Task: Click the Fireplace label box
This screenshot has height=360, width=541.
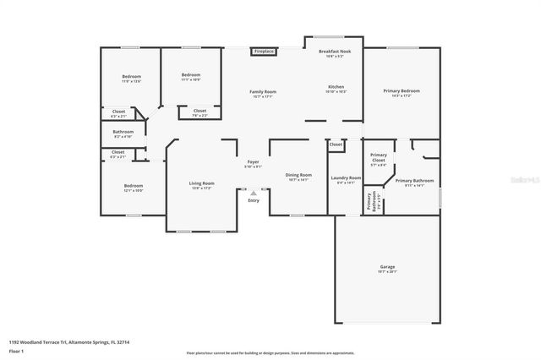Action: coord(264,52)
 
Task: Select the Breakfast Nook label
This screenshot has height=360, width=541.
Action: coord(335,52)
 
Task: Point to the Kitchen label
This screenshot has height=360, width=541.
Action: coord(336,87)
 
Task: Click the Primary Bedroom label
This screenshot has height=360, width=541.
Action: coord(402,91)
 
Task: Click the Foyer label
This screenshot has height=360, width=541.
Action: coord(253,161)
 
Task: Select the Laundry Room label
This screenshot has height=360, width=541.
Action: coord(346,178)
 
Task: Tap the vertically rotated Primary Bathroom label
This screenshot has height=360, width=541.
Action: coord(369,201)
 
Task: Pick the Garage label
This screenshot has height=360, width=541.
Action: coord(386,268)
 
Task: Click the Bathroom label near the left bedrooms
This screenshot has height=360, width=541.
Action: coord(123,132)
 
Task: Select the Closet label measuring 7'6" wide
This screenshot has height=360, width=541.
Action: coord(199,111)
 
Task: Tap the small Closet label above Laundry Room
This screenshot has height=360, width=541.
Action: coord(336,145)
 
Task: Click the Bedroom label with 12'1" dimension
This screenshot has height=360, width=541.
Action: coord(134,186)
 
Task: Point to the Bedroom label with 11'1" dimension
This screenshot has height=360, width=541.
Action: coord(191,75)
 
